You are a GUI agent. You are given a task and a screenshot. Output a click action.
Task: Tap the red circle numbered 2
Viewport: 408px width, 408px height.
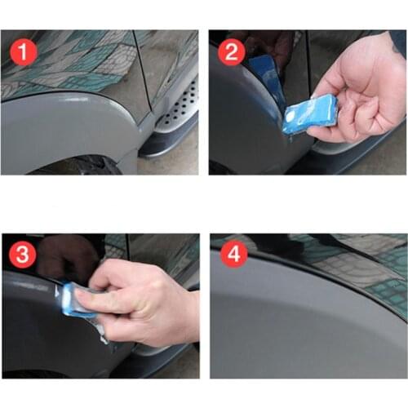230,54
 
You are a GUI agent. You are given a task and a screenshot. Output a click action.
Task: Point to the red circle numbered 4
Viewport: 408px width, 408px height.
235,255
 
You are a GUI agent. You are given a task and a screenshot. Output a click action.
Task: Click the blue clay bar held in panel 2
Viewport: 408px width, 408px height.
313,113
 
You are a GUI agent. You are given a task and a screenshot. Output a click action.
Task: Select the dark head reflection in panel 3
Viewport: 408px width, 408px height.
65,257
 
